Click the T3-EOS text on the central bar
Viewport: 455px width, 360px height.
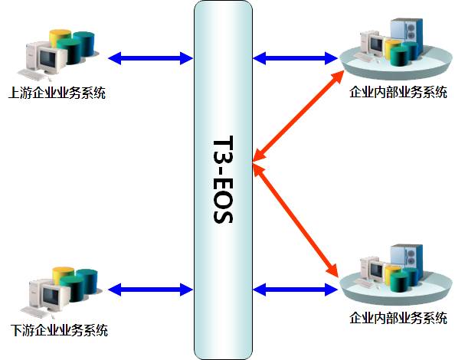tap(223, 179)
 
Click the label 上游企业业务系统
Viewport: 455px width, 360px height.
tap(57, 93)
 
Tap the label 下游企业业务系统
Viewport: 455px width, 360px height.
tap(59, 330)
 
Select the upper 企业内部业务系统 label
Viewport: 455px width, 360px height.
tap(398, 92)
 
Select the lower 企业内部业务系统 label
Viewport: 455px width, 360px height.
tap(398, 318)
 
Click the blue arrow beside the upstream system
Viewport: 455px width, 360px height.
tap(150, 58)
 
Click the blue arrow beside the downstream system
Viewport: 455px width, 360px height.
tap(150, 290)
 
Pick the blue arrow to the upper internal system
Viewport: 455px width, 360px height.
tap(295, 58)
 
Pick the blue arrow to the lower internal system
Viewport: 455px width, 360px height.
tap(295, 290)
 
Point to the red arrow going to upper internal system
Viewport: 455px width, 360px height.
tap(298, 116)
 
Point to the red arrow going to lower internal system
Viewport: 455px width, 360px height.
tap(296, 221)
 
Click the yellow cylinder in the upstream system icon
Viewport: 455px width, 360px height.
tap(59, 36)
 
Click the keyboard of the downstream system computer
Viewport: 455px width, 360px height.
tap(34, 313)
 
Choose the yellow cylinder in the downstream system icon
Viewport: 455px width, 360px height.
tap(62, 273)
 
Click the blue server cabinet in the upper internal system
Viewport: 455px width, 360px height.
tap(406, 32)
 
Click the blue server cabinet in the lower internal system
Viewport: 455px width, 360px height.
tap(406, 257)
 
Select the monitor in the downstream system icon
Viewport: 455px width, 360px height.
tap(51, 296)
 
